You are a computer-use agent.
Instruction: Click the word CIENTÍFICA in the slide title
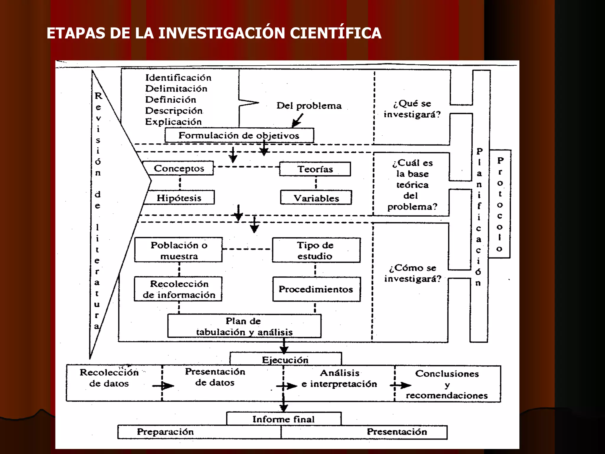(336, 33)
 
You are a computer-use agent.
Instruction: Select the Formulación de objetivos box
(239, 135)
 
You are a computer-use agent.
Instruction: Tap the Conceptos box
(178, 168)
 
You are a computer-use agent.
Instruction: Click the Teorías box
(315, 169)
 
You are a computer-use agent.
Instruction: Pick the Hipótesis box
(179, 197)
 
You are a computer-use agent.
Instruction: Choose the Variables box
(316, 198)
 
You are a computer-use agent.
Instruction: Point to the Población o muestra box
(178, 250)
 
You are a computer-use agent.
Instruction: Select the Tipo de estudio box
(316, 250)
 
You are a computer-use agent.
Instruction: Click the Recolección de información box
(178, 289)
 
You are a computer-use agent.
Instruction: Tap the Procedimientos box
(316, 289)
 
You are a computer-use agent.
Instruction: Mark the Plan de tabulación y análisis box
(244, 326)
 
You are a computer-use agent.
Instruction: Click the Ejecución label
(285, 360)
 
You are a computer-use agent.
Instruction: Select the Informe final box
(283, 419)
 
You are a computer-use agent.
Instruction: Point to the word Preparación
(165, 432)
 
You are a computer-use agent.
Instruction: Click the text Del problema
(309, 106)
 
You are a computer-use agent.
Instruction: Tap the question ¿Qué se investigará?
(412, 109)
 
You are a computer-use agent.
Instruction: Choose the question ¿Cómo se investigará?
(412, 273)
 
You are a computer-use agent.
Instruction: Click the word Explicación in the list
(173, 121)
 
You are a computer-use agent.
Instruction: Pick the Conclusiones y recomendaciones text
(447, 384)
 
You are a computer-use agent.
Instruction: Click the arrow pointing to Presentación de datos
(163, 386)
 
